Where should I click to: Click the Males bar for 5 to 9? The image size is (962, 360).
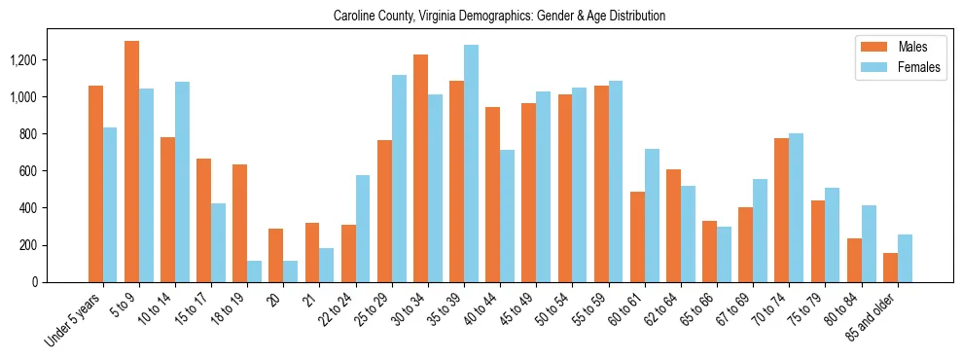(131, 162)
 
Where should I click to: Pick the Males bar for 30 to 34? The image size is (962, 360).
(420, 168)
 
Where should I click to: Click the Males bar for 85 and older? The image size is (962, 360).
(890, 268)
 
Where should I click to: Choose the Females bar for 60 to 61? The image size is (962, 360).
(652, 215)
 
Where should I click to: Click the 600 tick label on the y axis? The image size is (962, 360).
(55, 171)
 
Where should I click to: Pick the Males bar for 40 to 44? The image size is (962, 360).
(492, 195)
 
